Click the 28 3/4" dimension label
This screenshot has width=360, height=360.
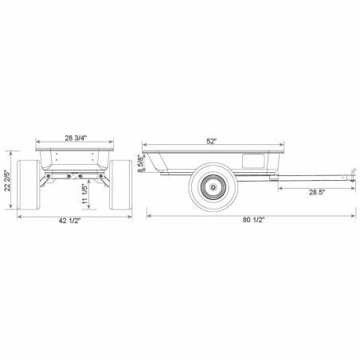[x=76, y=138]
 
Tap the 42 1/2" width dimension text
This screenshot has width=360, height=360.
[x=69, y=221]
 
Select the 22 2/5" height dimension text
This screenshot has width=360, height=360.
[x=7, y=180]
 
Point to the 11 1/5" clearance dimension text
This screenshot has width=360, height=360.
[x=84, y=194]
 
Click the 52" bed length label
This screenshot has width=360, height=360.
[x=212, y=141]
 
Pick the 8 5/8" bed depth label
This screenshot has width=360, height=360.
[x=140, y=163]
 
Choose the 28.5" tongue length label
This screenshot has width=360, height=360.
[x=317, y=192]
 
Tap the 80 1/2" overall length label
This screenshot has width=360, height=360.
[x=253, y=220]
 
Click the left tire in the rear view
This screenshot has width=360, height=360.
[x=29, y=185]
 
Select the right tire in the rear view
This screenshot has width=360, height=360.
[x=120, y=185]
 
